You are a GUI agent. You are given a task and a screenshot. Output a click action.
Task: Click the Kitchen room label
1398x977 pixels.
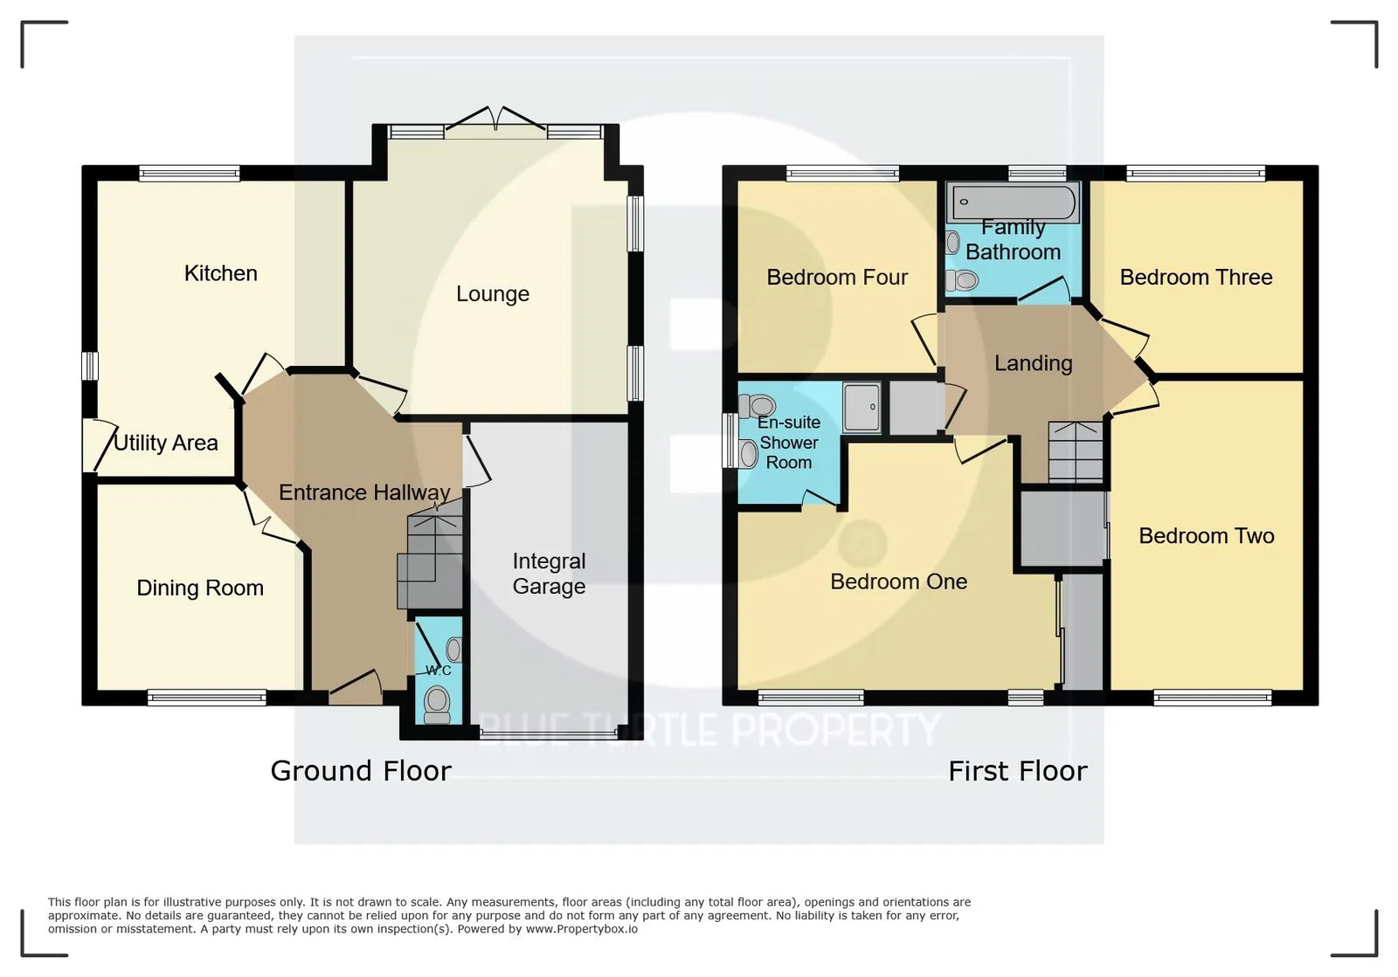click(x=220, y=273)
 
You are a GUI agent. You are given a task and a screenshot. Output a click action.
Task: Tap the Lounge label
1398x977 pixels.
click(x=493, y=293)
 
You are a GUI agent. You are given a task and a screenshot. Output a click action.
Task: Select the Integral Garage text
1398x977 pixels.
click(x=549, y=574)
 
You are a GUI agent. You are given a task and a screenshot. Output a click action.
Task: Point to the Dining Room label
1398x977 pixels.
click(x=200, y=588)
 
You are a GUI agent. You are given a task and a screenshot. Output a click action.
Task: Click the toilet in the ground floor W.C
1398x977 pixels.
click(x=437, y=705)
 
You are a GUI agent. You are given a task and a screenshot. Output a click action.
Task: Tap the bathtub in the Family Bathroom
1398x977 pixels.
click(x=1014, y=202)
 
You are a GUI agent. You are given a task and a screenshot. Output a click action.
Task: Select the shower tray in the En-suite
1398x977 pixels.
click(x=862, y=407)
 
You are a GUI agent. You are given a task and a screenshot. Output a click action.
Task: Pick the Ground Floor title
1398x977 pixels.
click(x=361, y=771)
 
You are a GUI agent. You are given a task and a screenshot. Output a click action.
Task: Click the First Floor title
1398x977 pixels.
click(x=1018, y=771)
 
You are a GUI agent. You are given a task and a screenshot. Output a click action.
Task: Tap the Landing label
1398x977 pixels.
click(x=1033, y=363)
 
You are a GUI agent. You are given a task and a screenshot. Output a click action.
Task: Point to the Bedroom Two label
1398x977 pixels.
click(x=1207, y=535)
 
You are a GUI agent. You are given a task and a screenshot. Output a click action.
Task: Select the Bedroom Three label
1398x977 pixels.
click(x=1196, y=277)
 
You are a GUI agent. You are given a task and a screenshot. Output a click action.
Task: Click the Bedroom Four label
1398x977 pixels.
click(x=837, y=277)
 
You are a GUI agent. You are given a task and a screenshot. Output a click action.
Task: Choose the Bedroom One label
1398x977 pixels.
click(x=899, y=581)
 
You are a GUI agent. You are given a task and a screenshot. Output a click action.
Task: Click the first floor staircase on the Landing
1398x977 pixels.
click(x=1076, y=452)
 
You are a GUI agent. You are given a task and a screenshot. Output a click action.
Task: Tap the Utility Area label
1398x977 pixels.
click(x=166, y=443)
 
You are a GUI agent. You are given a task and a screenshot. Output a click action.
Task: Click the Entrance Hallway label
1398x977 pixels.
click(x=364, y=492)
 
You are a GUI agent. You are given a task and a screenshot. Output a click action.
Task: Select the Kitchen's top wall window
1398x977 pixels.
click(x=189, y=173)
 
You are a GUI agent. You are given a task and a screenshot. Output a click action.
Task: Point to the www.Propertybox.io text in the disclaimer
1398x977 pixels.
click(x=582, y=929)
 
